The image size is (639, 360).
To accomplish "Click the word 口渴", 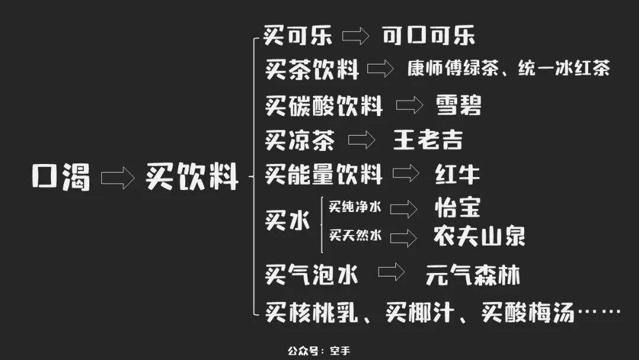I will tap(61, 177).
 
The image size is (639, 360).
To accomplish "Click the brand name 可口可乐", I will tap(428, 36).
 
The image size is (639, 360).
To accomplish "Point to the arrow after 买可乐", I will tap(356, 36).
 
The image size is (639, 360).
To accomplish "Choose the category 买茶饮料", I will tap(312, 70).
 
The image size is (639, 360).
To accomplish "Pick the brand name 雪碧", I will tap(459, 105).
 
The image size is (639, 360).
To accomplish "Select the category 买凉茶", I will tap(300, 141).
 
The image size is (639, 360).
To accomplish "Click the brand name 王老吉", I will tap(428, 140).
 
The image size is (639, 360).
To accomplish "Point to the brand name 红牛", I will tap(457, 175).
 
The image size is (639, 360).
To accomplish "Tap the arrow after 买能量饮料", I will tap(406, 175).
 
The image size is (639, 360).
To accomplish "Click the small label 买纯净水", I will tap(355, 207).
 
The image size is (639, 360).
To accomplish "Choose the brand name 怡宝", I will tap(457, 208).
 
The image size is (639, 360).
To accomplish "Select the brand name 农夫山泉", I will tap(479, 236).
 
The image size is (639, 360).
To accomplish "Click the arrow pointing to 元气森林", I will tap(391, 273).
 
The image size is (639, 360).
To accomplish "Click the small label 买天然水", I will tap(355, 236).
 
